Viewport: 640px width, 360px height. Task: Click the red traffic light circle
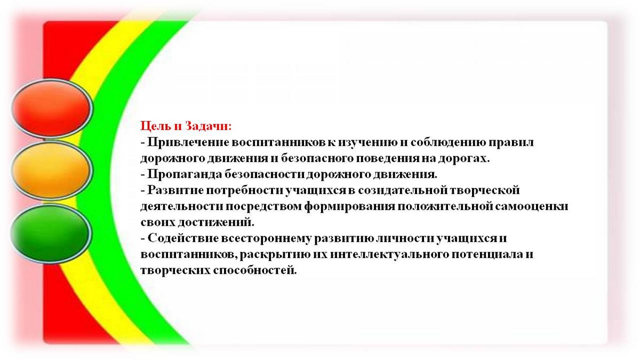pyautogui.click(x=52, y=108)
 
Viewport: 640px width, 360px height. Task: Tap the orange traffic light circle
pyautogui.click(x=51, y=170)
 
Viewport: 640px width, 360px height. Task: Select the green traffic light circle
pyautogui.click(x=51, y=234)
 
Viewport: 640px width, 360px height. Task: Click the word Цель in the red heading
pyautogui.click(x=156, y=126)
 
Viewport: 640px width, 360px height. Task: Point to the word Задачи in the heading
pyautogui.click(x=208, y=126)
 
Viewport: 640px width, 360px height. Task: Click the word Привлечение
pyautogui.click(x=188, y=142)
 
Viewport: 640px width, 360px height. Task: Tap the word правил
pyautogui.click(x=511, y=142)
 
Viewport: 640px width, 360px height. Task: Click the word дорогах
pyautogui.click(x=464, y=158)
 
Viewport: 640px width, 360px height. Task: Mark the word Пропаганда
pyautogui.click(x=185, y=174)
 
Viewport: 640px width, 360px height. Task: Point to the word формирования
pyautogui.click(x=349, y=206)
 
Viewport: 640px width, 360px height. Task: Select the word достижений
pyautogui.click(x=215, y=222)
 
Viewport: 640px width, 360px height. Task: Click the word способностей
pyautogui.click(x=255, y=270)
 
